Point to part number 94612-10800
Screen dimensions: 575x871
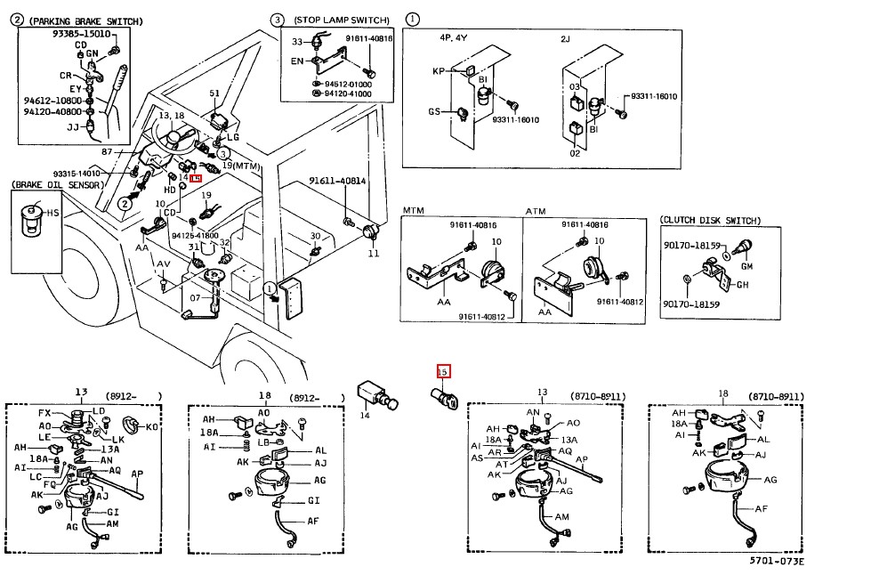coord(52,101)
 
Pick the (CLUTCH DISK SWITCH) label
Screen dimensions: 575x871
coord(710,220)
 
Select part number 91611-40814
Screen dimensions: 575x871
coord(337,180)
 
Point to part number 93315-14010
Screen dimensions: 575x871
coord(76,174)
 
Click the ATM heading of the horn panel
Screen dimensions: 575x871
coord(536,210)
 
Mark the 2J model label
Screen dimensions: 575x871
coord(566,38)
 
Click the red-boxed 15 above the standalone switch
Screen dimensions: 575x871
coord(443,370)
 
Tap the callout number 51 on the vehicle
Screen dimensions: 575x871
coord(214,93)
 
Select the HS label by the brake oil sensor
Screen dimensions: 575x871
coord(52,214)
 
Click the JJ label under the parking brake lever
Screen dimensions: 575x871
coord(73,127)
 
